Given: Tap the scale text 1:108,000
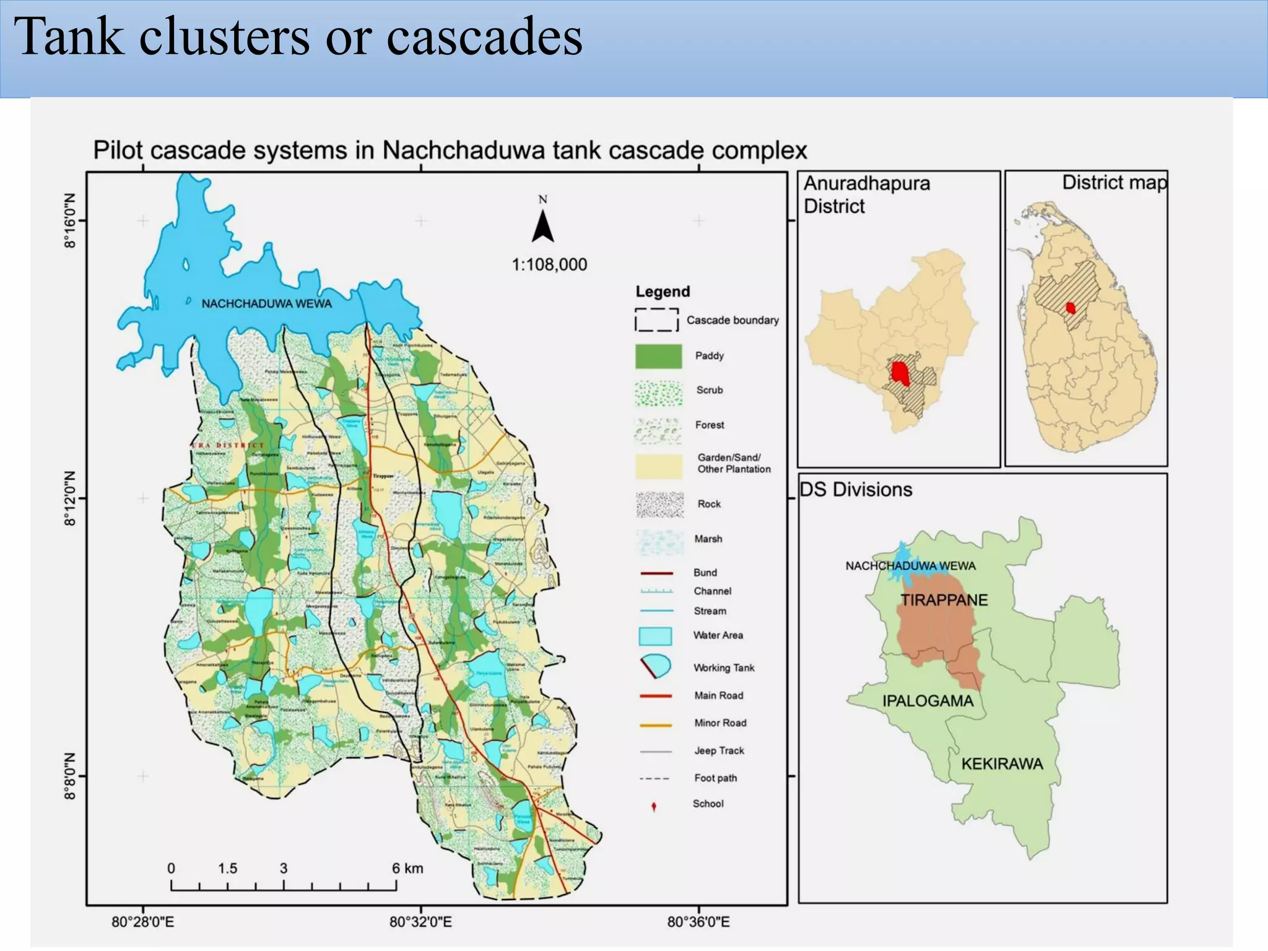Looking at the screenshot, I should pos(549,265).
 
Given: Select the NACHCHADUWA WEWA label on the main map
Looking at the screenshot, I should pos(267,304).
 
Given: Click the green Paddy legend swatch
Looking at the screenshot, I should pos(659,356).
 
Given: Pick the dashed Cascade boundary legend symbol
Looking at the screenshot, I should pos(656,320).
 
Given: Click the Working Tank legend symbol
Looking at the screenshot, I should pos(656,667).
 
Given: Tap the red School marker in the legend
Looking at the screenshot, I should pos(654,806).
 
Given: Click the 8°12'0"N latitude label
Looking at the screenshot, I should pos(70,498).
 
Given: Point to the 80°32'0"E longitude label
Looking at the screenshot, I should pos(421,923).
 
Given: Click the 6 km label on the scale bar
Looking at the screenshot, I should pos(407,868).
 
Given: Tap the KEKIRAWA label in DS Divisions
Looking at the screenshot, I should pos(1002,764).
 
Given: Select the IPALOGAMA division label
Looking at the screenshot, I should pos(927,701).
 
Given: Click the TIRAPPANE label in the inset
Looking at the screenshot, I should pos(944,600).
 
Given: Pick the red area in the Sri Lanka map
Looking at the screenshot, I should pos(1070,308).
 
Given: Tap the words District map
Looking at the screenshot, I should pos(1114,183).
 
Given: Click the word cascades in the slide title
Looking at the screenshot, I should pos(484,37).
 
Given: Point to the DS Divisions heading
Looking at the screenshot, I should pos(856,490).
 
